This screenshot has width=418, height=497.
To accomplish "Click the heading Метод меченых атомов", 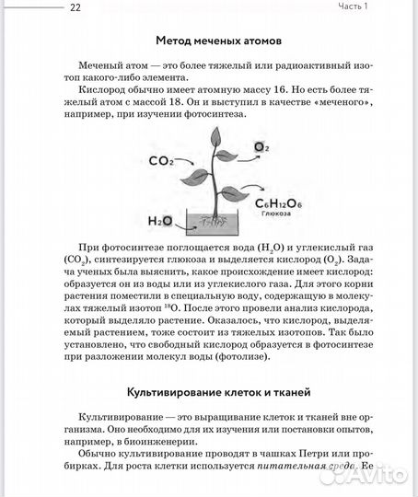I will (218, 41).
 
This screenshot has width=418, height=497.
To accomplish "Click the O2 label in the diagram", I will (261, 147).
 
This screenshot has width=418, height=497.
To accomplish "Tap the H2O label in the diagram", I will (160, 222).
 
